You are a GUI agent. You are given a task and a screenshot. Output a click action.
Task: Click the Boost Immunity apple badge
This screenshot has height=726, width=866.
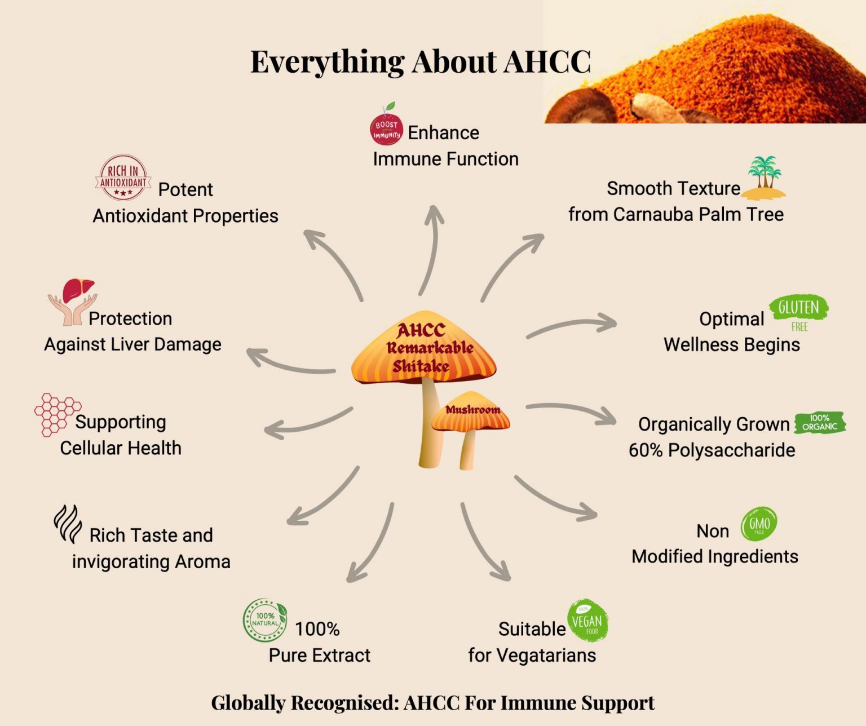pyautogui.click(x=386, y=127)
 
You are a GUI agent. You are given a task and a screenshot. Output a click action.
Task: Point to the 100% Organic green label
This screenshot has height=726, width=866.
pyautogui.click(x=820, y=422)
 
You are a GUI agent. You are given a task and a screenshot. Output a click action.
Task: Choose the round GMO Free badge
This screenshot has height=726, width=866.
pyautogui.click(x=759, y=524)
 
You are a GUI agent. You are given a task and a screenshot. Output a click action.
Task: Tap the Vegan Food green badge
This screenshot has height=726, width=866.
pyautogui.click(x=587, y=621)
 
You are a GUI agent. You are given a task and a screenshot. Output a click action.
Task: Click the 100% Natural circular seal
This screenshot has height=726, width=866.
pyautogui.click(x=265, y=620)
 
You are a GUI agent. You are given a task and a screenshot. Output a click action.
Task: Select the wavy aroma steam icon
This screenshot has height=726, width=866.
pyautogui.click(x=68, y=524)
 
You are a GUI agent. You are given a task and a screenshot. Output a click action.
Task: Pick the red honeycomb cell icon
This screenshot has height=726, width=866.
pyautogui.click(x=56, y=414)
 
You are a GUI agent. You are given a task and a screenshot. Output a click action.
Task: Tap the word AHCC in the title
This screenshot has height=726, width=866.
pyautogui.click(x=546, y=61)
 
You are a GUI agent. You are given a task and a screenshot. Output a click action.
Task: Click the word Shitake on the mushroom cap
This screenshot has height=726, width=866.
pyautogui.click(x=421, y=366)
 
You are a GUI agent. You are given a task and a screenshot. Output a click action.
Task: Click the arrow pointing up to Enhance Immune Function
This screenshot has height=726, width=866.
pyautogui.click(x=431, y=248)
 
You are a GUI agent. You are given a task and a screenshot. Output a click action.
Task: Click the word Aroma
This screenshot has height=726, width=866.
pyautogui.click(x=202, y=562)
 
